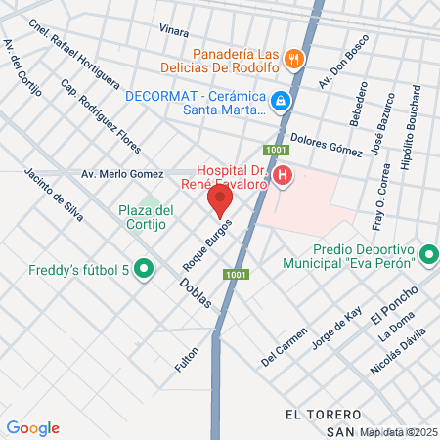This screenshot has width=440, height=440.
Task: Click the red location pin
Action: point(220,201)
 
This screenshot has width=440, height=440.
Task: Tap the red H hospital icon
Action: point(283,176)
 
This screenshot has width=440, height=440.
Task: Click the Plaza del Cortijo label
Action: point(146,216)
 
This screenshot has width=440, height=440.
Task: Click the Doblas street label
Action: point(196,290)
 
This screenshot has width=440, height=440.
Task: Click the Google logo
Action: point(32,427)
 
